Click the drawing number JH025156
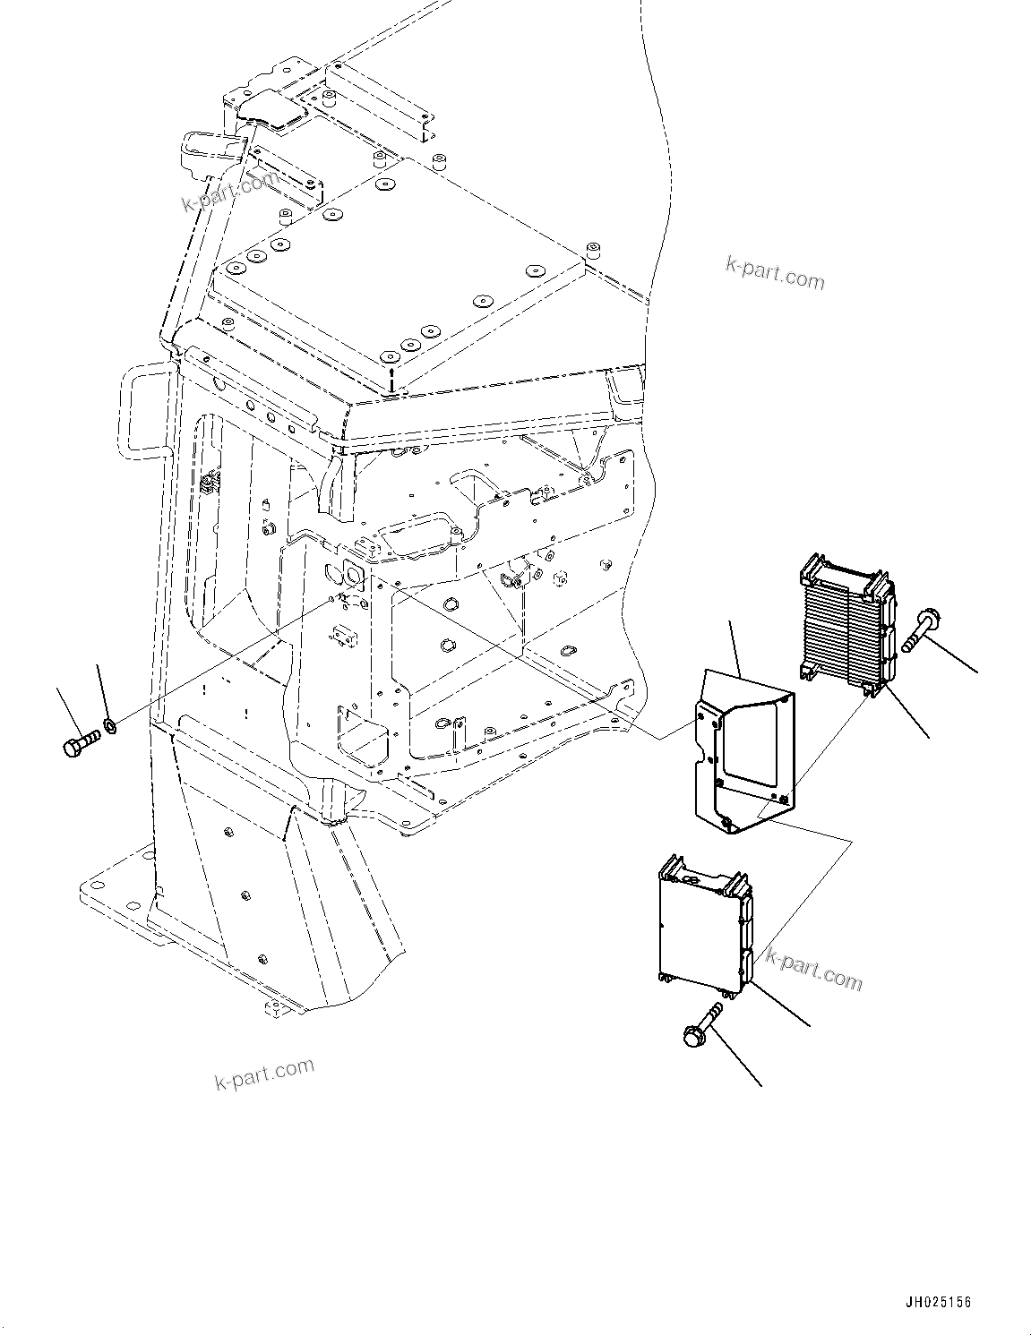pos(936,1302)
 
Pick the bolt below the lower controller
pos(701,1024)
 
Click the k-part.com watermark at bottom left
pos(264,1072)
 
